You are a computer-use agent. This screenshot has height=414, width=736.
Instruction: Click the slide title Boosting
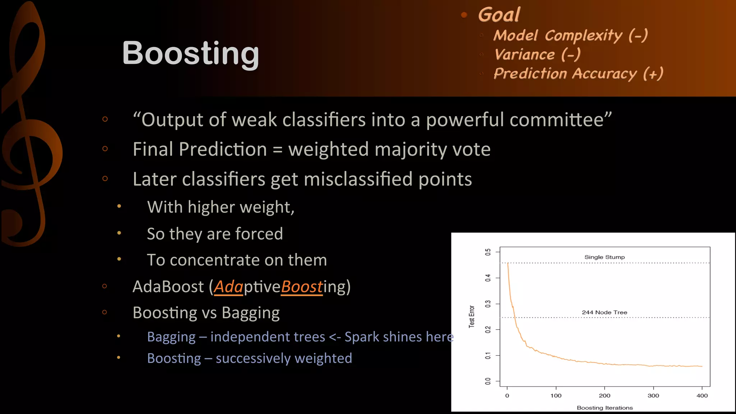(x=190, y=53)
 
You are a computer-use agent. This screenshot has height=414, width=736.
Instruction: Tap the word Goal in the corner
(x=499, y=15)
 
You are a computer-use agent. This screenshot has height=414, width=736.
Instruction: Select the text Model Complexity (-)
(x=570, y=36)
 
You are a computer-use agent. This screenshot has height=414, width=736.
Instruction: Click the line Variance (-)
(x=537, y=55)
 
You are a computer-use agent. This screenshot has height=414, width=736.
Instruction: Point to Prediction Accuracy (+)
(x=578, y=74)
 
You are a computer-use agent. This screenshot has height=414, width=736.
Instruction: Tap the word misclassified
(x=358, y=179)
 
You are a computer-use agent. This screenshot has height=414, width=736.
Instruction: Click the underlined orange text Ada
(x=229, y=287)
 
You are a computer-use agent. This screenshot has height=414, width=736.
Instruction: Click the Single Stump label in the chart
(x=604, y=257)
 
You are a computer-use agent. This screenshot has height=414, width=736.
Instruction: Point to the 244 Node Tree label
(x=604, y=312)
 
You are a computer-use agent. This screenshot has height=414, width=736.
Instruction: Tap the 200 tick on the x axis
(x=604, y=395)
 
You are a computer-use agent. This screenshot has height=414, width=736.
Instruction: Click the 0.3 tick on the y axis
(x=488, y=304)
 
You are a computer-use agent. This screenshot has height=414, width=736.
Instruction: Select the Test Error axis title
(x=471, y=317)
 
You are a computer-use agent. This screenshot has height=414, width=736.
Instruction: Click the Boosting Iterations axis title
(x=604, y=408)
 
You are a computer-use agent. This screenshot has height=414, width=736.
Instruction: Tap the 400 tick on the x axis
(x=702, y=395)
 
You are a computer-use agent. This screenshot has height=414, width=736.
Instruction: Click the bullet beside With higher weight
(x=119, y=206)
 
